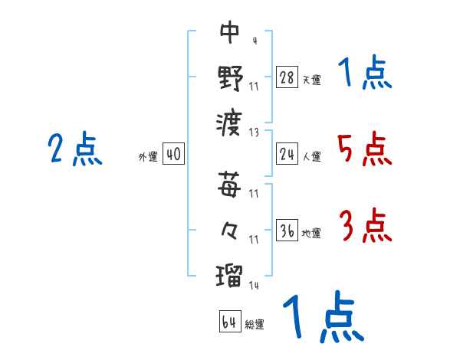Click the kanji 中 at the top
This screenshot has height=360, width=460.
coord(230,33)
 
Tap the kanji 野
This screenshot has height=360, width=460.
coord(230,77)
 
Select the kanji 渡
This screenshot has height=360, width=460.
coord(230,121)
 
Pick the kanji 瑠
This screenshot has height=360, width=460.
coord(230,273)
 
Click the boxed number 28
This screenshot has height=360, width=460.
coord(287,76)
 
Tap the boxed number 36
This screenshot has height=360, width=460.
coord(287,231)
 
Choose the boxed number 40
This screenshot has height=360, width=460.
coord(173,155)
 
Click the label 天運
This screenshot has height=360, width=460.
coord(311,79)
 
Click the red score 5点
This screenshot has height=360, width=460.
coord(365,149)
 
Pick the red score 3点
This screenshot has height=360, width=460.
coord(365,227)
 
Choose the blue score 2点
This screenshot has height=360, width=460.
coord(74,149)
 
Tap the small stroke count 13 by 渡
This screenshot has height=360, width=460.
coord(255,131)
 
